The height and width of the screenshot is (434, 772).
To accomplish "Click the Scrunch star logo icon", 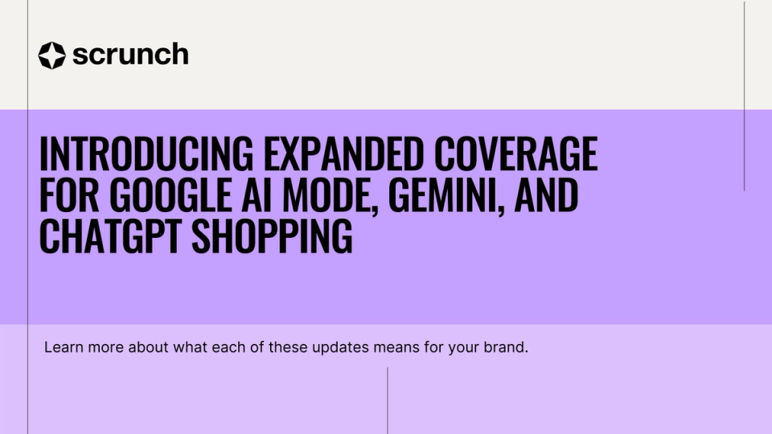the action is coord(51,55).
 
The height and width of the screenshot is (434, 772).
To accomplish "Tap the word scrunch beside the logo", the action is coord(130,54).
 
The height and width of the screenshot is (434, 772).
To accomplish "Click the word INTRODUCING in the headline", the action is coord(146,154).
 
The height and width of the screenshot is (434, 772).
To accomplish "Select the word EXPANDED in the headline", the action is coord(343,154).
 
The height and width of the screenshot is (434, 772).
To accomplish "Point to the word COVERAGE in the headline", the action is coord(516,154).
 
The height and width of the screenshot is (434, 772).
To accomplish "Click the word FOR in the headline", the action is coord(69,194).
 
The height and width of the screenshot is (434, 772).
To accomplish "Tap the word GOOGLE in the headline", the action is coord(170,194).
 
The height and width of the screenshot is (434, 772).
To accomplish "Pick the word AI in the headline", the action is coord(257,194).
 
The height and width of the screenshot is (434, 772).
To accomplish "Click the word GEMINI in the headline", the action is coord(444,194).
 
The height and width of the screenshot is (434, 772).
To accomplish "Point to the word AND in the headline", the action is coord(547,194).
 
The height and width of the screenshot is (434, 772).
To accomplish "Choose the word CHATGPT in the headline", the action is coord(110,236).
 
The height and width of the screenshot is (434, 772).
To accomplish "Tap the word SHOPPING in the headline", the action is coord(273,236).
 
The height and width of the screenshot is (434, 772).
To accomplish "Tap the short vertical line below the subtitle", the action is coord(388,400).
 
